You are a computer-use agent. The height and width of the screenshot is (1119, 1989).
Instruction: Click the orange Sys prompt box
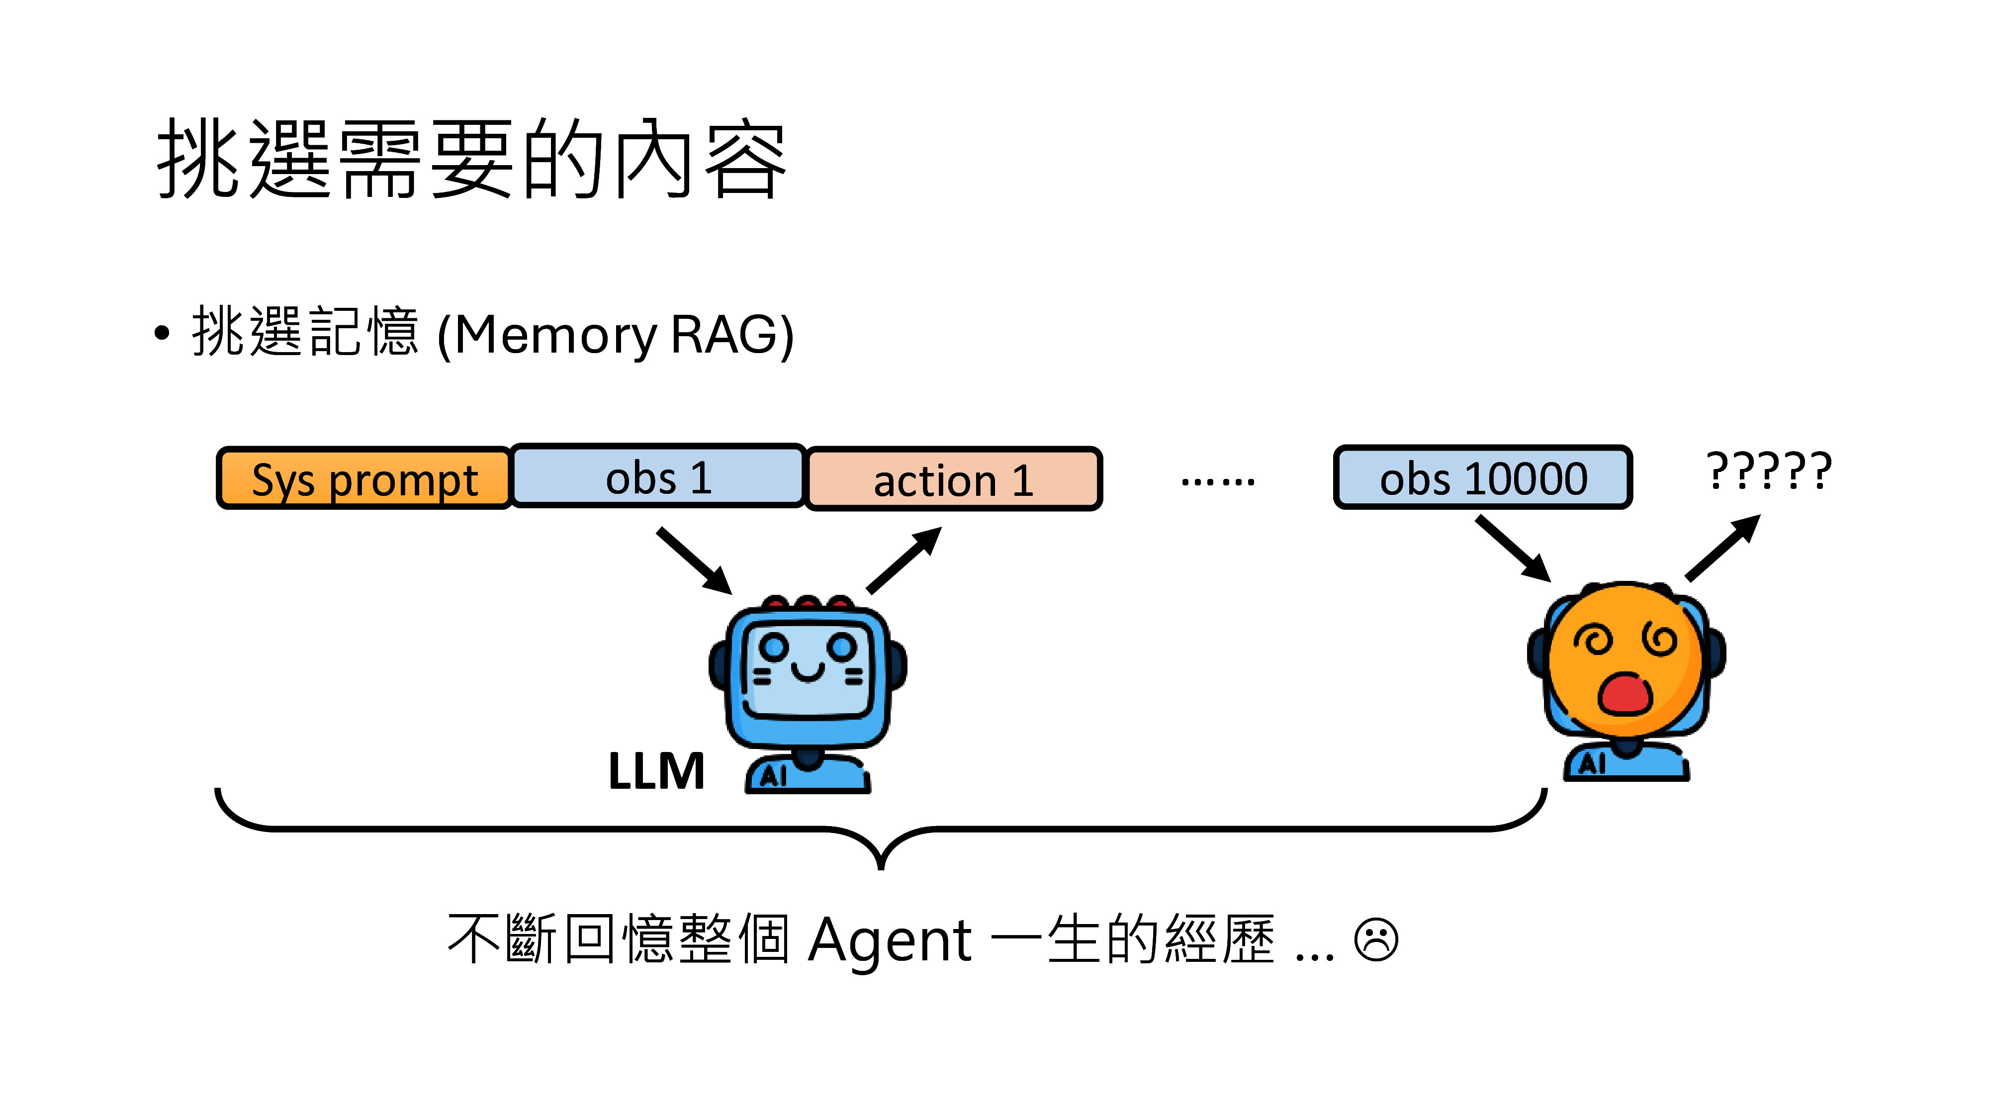click(x=363, y=479)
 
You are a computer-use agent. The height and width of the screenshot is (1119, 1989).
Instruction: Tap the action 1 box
click(x=954, y=479)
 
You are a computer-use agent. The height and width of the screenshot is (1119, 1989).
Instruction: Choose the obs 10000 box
click(x=1482, y=477)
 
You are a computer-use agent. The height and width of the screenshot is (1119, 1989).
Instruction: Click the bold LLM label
click(x=656, y=771)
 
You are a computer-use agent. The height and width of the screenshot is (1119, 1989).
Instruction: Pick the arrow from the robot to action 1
click(x=904, y=560)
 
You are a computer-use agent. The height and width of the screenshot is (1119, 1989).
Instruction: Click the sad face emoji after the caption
click(x=1376, y=940)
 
